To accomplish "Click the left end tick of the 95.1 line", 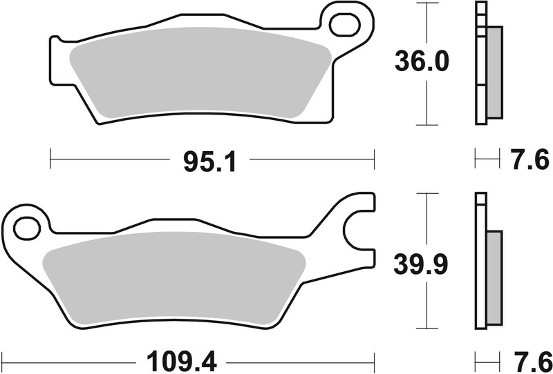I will pyautogui.click(x=51, y=160).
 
